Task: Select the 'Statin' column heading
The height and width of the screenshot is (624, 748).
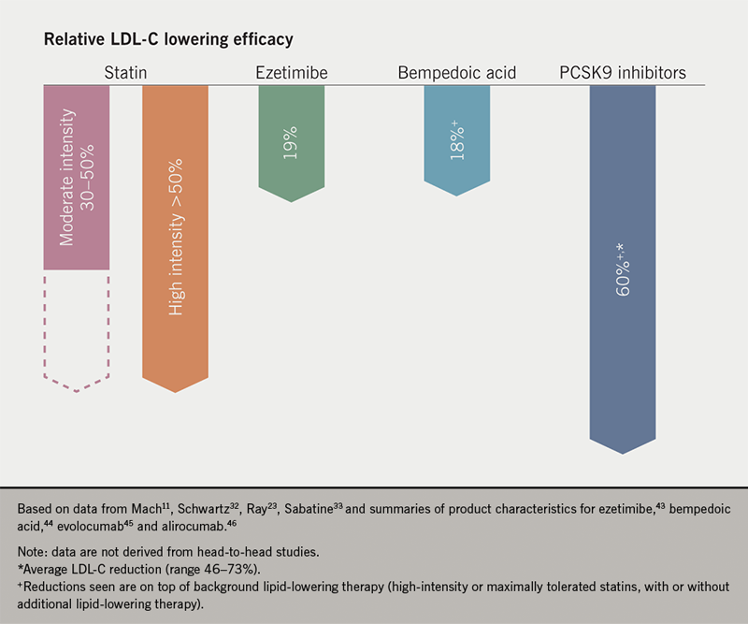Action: (x=123, y=72)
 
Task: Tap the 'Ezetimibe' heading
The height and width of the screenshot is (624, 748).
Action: (x=290, y=72)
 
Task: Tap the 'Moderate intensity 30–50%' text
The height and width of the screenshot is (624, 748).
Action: (x=77, y=178)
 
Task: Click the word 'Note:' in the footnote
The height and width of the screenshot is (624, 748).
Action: (x=34, y=552)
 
